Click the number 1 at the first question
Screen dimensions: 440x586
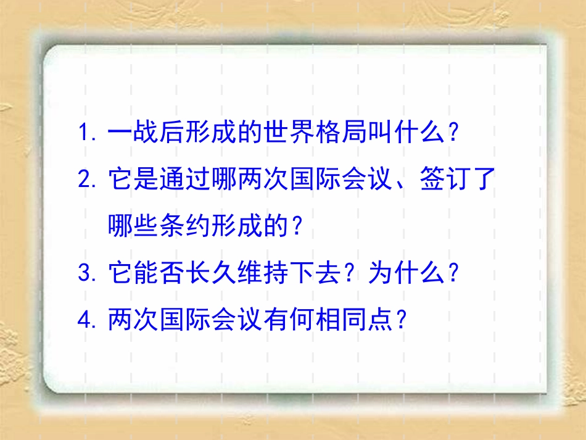click(x=85, y=132)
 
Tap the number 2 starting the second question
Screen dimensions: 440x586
click(x=85, y=180)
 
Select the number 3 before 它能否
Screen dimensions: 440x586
click(x=85, y=273)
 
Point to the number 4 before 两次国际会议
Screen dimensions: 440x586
click(x=85, y=319)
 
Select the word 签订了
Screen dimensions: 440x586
click(x=458, y=180)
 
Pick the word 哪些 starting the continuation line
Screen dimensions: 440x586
click(x=133, y=227)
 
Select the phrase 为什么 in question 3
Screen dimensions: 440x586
click(x=406, y=273)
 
